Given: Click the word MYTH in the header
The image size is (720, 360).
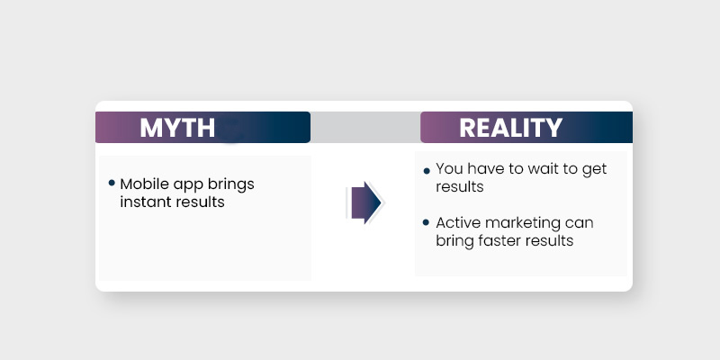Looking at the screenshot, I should pos(177,128).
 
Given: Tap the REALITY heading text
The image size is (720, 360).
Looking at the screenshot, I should pos(510,128).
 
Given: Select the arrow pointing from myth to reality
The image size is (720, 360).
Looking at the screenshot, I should pos(364,202).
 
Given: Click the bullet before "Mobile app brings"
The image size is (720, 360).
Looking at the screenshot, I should pos(112,183).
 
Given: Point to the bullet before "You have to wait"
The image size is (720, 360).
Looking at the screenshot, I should pos(427,170).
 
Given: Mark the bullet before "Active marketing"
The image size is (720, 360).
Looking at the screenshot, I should pos(427,223).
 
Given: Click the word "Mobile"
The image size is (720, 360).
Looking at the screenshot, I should pos(142,184).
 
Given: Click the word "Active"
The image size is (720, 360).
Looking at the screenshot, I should pos(458,222).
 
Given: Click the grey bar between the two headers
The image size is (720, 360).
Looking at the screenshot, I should pos(365,128).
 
